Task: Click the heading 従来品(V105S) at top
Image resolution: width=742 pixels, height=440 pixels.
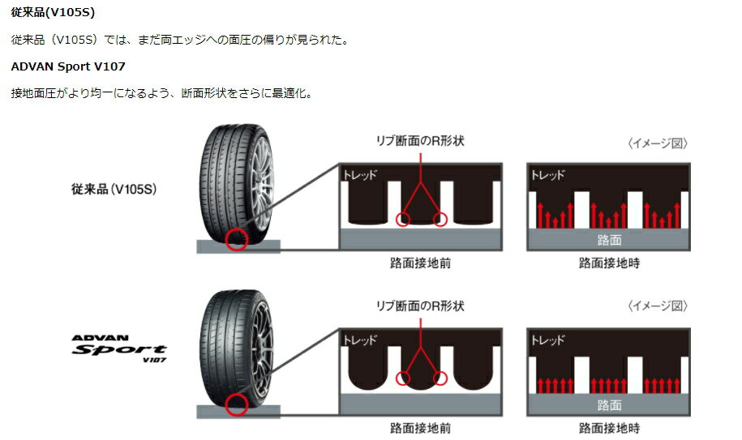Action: click(53, 14)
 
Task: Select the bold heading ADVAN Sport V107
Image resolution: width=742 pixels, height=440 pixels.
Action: click(68, 66)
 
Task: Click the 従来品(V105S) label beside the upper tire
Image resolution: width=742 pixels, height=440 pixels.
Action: click(114, 190)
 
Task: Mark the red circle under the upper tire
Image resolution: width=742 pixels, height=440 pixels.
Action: click(237, 239)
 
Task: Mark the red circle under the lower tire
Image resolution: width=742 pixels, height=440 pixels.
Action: click(236, 406)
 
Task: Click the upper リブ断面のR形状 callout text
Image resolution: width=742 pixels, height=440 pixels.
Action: click(420, 141)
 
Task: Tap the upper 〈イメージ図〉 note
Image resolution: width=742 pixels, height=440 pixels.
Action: click(658, 143)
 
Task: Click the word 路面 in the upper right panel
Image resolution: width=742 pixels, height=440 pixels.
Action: click(609, 240)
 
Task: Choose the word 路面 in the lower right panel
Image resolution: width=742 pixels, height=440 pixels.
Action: click(609, 404)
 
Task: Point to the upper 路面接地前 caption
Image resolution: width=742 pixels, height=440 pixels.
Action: click(420, 263)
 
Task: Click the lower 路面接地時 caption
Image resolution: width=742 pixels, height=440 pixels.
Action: click(609, 428)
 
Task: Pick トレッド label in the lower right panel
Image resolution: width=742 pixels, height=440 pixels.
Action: click(547, 340)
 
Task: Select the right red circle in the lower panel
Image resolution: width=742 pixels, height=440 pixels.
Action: click(440, 378)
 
